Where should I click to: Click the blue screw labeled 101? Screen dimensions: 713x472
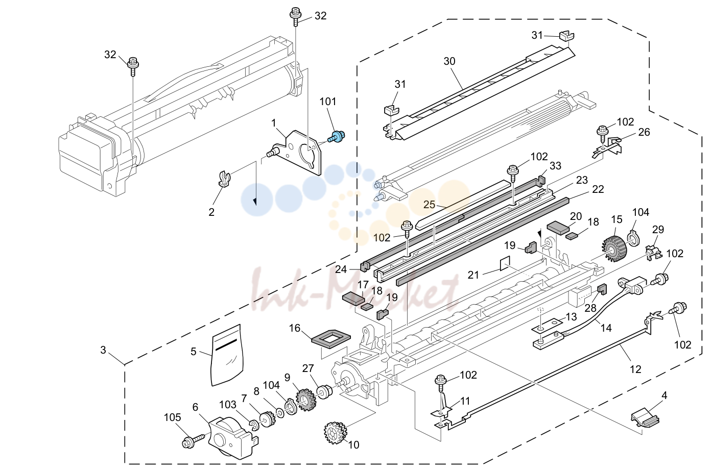(337, 137)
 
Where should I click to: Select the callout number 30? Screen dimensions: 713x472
(449, 61)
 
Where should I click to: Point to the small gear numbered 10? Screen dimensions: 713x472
(336, 433)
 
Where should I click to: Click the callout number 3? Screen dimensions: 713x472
(103, 350)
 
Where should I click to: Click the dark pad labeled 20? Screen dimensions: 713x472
(558, 228)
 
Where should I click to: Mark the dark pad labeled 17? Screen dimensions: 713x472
(353, 299)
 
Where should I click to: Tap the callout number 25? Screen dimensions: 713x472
(429, 205)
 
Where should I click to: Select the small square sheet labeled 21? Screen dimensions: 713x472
(505, 263)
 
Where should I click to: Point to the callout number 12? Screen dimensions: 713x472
(635, 369)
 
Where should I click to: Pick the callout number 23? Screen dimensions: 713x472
(582, 180)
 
